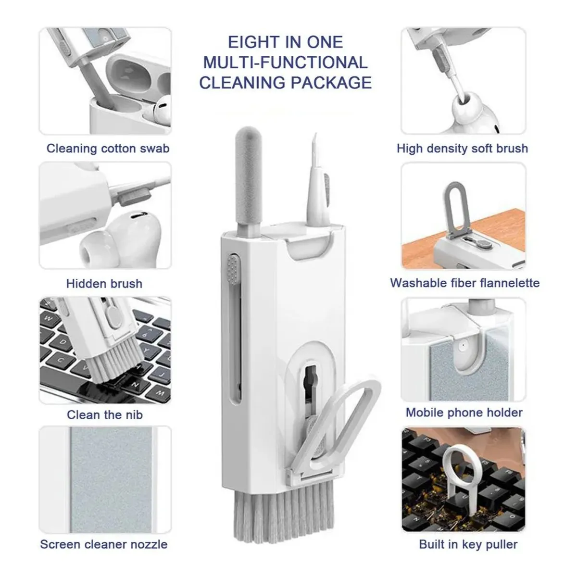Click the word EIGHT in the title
251,42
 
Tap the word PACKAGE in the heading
331,83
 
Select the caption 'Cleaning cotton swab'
108,149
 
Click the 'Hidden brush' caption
104,284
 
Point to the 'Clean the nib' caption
105,414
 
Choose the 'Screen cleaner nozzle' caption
104,544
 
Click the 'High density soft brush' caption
462,149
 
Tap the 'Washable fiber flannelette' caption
464,283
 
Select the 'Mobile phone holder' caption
464,413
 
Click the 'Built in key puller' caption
468,544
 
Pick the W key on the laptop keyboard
48,318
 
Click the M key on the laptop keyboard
160,393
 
